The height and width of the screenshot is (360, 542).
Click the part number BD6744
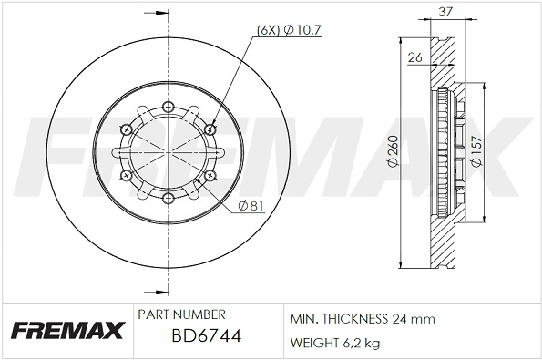tap(207, 335)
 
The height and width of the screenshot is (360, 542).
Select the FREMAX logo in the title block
tap(67, 330)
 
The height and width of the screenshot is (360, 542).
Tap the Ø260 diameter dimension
tap(393, 150)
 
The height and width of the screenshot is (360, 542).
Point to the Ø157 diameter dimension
tap(476, 151)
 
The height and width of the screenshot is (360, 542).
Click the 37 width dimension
tap(445, 12)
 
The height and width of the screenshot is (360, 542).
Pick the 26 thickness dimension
tap(414, 57)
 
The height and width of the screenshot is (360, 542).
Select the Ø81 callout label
tap(251, 206)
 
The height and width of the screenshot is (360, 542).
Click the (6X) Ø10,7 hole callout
tap(289, 30)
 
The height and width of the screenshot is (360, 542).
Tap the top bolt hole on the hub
tap(168, 106)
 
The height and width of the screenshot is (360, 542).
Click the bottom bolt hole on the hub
tap(168, 198)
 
